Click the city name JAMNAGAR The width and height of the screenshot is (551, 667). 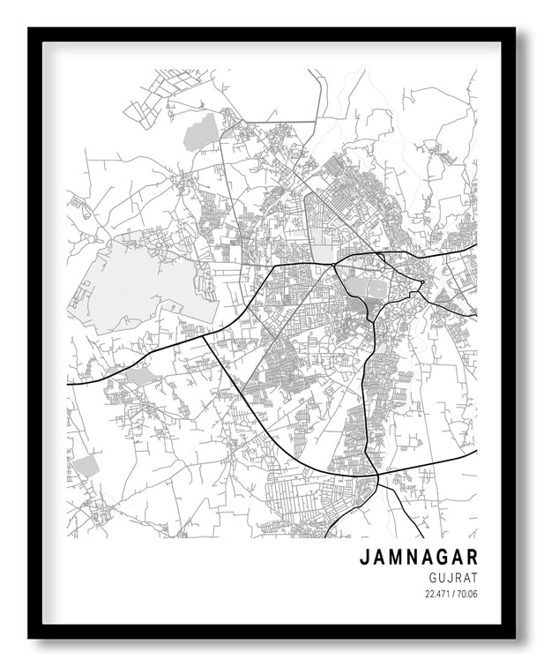418,558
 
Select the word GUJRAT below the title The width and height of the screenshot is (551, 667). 452,577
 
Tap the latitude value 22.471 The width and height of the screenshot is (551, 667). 439,593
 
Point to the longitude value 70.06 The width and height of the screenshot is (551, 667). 467,593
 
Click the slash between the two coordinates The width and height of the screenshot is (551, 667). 454,593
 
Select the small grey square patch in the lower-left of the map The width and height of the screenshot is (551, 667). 85,467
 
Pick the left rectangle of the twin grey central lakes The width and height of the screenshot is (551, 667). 356,287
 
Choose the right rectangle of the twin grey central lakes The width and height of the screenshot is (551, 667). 377,289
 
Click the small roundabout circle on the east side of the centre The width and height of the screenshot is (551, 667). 422,282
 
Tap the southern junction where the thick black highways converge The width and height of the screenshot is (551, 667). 377,476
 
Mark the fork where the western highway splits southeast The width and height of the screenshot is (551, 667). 204,335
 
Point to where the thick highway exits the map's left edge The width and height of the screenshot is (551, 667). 69,384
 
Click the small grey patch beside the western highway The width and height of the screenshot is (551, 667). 139,377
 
